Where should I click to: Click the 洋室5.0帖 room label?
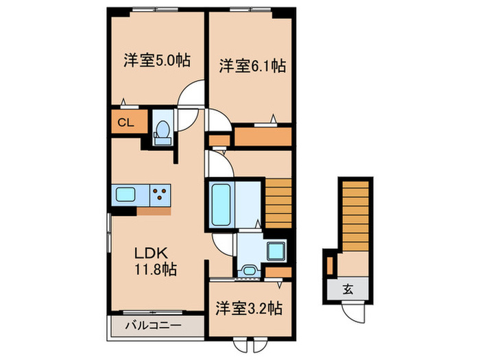click(x=156, y=60)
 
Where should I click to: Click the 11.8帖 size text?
click(x=156, y=269)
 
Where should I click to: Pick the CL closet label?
click(x=125, y=123)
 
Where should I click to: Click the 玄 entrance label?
click(x=348, y=289)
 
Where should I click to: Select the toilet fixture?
click(x=163, y=130)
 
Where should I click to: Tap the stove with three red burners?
click(x=160, y=195)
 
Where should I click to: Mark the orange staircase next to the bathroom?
click(x=278, y=203)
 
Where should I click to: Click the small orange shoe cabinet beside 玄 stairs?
click(x=330, y=264)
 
